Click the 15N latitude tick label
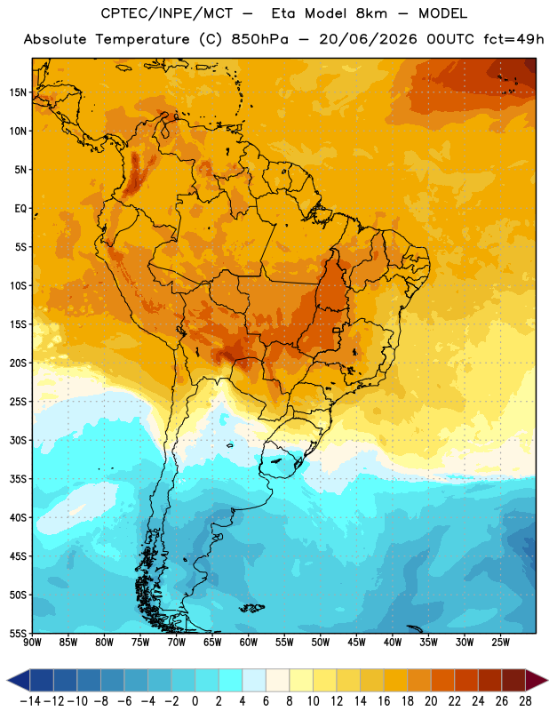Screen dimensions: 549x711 coord(18,92)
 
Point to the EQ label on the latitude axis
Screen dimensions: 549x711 coord(20,209)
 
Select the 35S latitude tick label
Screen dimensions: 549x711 coord(18,479)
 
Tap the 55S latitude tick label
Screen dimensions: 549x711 coord(18,633)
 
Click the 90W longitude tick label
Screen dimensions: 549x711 coord(32,643)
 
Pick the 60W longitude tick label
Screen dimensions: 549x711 coord(249,643)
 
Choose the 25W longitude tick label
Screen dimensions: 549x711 coord(500,643)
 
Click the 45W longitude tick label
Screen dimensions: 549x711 coord(356,643)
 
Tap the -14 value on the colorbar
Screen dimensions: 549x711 coord(30,701)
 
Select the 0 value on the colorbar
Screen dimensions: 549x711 coord(195,701)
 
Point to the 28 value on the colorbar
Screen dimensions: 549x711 coord(525,701)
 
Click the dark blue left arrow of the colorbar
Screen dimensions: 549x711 coord(19,681)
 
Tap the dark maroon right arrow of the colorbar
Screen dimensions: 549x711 coord(537,681)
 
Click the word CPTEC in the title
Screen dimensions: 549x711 coord(118,13)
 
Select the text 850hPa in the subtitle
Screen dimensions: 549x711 coord(259,39)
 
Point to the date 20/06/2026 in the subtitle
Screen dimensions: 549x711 coord(368,39)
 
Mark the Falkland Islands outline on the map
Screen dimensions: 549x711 coord(251,608)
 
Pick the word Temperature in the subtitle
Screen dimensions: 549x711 coord(142,39)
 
